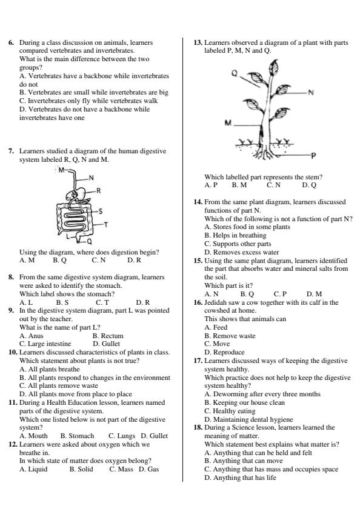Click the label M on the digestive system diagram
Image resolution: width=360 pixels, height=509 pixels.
click(x=61, y=170)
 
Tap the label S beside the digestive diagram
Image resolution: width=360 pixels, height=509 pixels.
click(x=100, y=211)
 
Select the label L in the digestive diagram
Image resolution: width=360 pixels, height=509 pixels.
click(x=68, y=231)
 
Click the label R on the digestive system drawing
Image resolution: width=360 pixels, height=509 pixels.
click(x=98, y=190)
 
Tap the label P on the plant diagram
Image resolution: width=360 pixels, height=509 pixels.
click(x=313, y=156)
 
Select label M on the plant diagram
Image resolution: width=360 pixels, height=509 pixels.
click(x=228, y=123)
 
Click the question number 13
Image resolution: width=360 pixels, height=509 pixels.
click(x=198, y=42)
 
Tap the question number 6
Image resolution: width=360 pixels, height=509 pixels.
click(x=11, y=42)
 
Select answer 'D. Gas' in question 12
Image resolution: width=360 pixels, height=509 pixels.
click(x=148, y=469)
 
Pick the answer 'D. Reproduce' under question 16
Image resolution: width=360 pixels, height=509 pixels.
click(x=225, y=352)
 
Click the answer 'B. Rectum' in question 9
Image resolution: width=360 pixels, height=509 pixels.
click(x=108, y=335)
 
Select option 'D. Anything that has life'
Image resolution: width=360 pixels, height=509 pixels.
click(x=242, y=477)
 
